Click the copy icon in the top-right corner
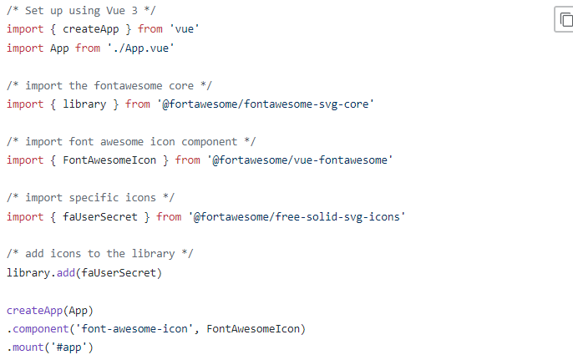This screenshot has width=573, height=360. [564, 19]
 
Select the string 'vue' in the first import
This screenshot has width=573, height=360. [184, 29]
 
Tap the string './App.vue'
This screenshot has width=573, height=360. [140, 48]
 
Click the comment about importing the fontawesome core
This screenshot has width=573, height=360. [99, 85]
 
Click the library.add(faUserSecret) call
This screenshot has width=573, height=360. [84, 272]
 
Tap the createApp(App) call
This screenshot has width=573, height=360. [50, 310]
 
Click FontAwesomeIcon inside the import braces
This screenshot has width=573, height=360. [116, 160]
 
